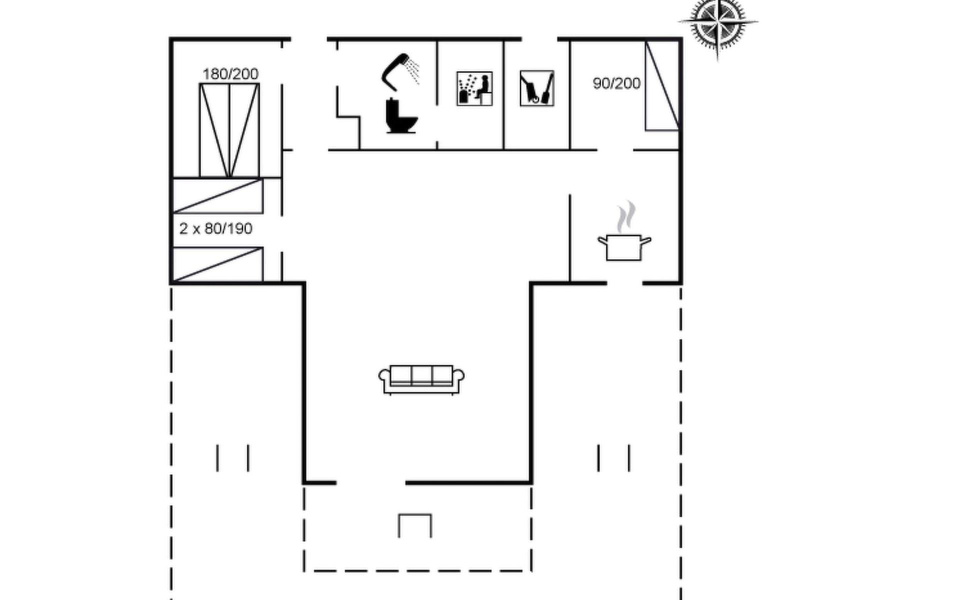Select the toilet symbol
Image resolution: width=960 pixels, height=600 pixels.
(401, 116)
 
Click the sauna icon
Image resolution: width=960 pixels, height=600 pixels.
(474, 88)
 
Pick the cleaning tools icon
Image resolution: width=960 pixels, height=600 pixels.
(537, 88)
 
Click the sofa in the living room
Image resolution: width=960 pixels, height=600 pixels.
(421, 379)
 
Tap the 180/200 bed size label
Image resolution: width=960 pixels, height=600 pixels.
(230, 74)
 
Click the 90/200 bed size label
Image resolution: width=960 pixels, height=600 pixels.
(616, 83)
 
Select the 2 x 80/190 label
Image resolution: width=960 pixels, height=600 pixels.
(216, 228)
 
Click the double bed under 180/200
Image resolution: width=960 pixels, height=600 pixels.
(229, 130)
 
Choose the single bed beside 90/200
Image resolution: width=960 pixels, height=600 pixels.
(662, 86)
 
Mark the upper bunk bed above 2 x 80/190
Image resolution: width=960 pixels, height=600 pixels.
(218, 196)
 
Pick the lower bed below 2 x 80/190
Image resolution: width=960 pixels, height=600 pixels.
(218, 264)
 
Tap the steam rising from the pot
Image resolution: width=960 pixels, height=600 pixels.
(625, 217)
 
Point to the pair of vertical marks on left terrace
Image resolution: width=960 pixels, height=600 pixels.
(233, 458)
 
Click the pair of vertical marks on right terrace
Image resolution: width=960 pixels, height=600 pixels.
(614, 458)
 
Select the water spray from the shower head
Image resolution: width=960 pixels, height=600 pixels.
(413, 70)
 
